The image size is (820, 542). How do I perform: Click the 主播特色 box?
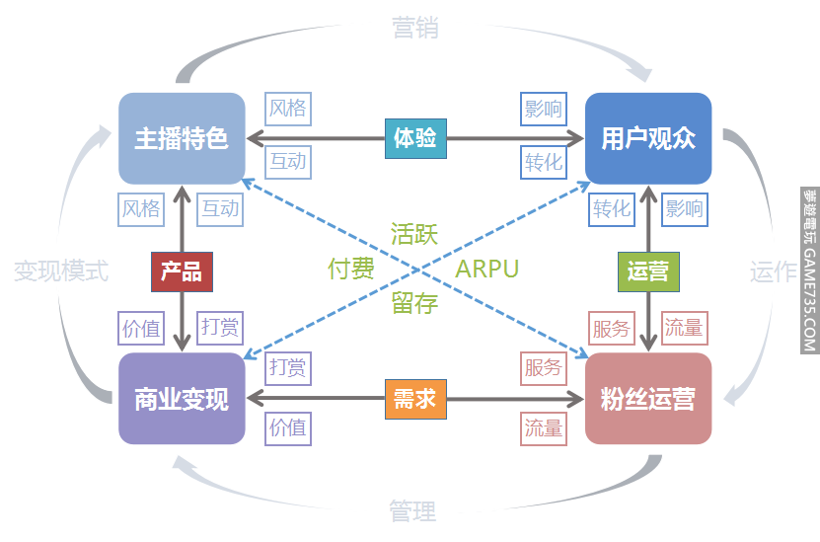point(181,138)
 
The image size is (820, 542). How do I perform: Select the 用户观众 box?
point(648,138)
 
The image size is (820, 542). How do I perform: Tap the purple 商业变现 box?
point(181,399)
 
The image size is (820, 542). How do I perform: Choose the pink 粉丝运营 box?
point(648,399)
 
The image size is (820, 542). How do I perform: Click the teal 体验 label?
point(414,137)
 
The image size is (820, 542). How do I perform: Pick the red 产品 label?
point(182,271)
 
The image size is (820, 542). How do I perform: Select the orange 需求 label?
point(414,400)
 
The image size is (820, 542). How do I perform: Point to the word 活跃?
point(414,234)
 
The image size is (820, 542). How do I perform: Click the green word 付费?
point(351,269)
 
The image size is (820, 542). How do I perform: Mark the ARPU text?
point(486,269)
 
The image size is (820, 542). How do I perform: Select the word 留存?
point(414,303)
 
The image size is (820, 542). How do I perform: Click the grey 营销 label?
point(414,28)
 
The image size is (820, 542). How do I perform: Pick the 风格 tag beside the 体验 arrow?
point(287,109)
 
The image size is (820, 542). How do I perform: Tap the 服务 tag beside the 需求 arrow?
point(543,368)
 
